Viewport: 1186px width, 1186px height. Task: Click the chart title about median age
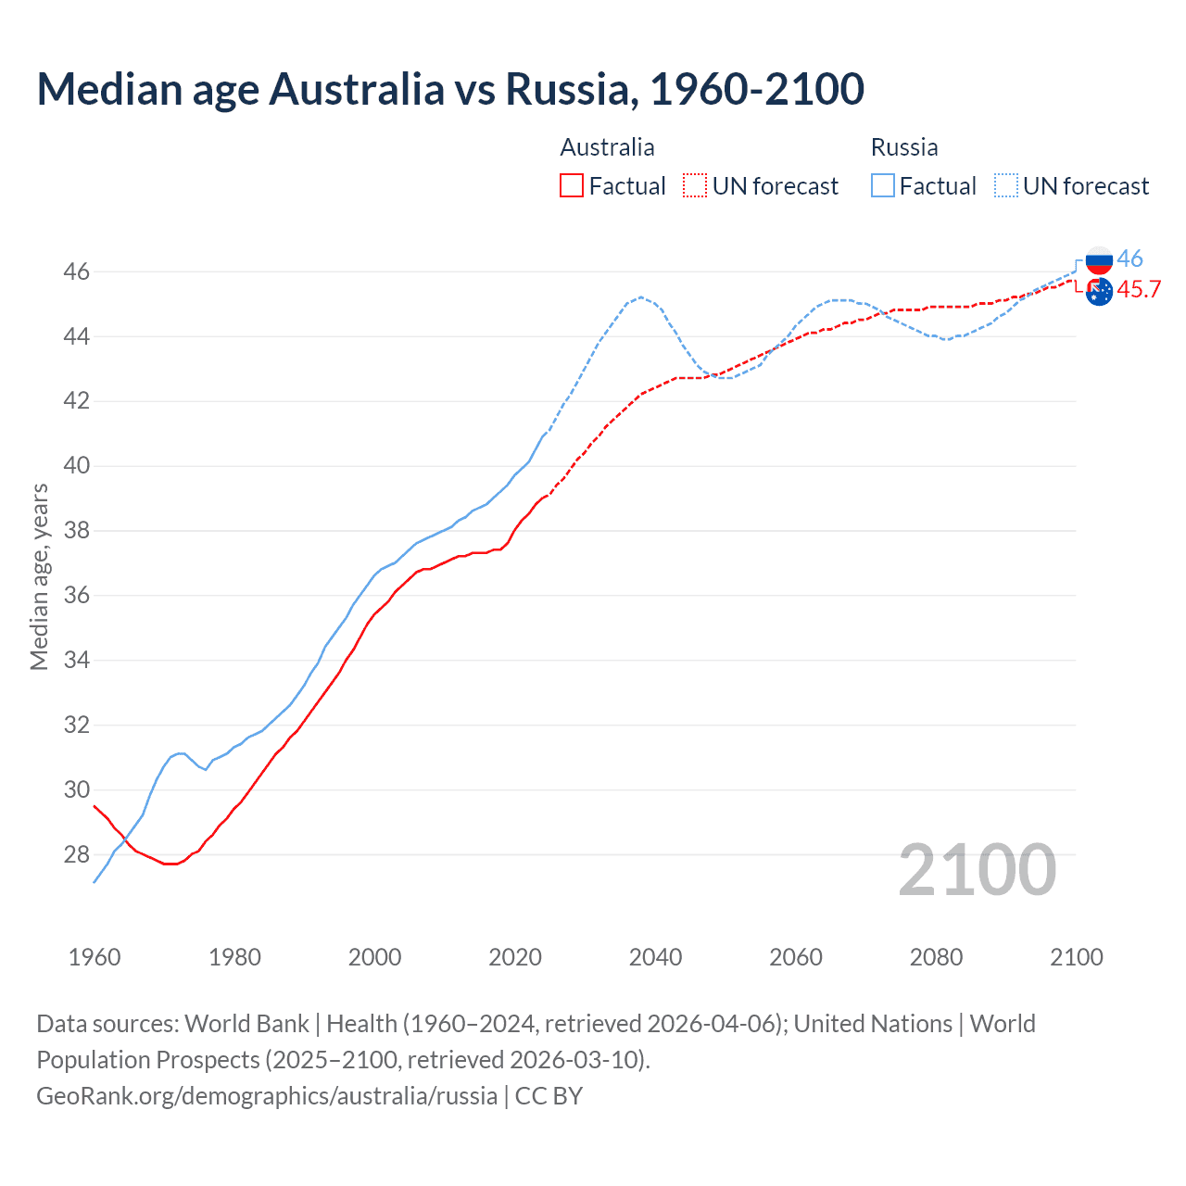[450, 89]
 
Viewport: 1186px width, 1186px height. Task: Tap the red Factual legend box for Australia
[572, 186]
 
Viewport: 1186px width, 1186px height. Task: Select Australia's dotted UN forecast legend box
[695, 186]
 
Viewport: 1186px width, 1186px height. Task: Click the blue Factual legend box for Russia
[883, 186]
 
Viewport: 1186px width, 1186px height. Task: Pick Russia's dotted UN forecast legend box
[1005, 186]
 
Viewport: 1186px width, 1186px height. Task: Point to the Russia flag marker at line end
[1099, 260]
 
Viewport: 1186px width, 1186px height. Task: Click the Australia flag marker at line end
[1099, 292]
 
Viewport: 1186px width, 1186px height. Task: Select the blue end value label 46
[1129, 259]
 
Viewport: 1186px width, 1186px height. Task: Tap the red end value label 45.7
[1139, 290]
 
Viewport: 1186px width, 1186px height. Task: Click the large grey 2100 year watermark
[977, 870]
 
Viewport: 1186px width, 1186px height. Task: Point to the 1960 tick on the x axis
[95, 957]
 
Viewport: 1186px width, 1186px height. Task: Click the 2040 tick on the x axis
[655, 957]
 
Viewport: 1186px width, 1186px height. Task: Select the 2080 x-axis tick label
[936, 957]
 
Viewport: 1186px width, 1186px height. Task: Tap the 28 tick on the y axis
[77, 854]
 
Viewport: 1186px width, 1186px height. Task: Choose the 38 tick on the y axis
[77, 531]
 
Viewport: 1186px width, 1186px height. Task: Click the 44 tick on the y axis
[77, 336]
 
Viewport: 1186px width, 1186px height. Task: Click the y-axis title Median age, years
[39, 576]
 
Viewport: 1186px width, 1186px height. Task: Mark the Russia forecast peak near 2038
[641, 297]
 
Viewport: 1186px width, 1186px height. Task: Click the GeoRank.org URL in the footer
[267, 1096]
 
